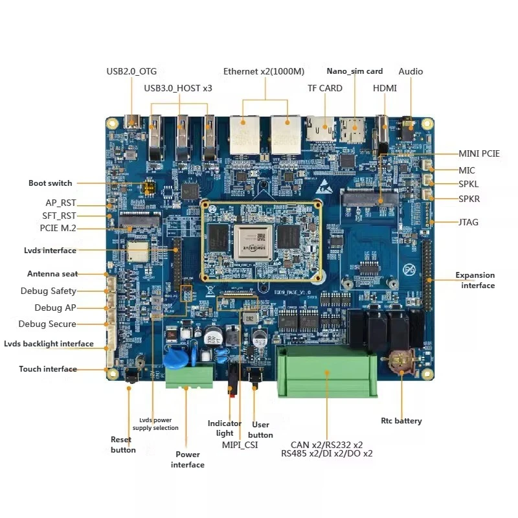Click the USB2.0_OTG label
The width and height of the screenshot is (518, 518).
click(131, 71)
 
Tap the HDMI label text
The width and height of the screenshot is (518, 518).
click(385, 88)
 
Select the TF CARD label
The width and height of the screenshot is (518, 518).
click(325, 88)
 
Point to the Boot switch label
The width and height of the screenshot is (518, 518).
click(51, 183)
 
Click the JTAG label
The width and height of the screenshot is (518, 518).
click(468, 222)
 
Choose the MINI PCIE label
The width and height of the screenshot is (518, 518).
click(479, 153)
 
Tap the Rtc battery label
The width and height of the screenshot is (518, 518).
click(401, 421)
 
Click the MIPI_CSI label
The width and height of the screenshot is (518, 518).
click(240, 445)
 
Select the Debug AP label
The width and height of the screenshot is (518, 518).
click(56, 308)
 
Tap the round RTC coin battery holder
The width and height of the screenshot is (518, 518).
click(401, 361)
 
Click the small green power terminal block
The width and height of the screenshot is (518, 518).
click(189, 376)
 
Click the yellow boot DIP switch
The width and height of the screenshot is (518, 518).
click(148, 187)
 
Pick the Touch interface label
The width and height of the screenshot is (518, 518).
click(48, 369)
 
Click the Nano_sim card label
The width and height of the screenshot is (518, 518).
click(355, 71)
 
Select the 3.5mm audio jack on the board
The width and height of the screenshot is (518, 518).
click(408, 125)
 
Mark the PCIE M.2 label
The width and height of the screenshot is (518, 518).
click(58, 228)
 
